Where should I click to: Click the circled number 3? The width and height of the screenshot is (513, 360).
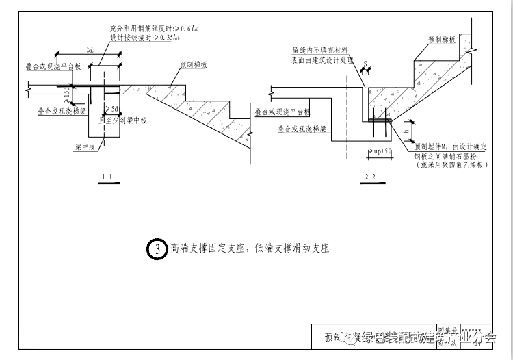click(157, 248)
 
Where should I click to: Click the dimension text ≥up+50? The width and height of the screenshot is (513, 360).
click(380, 151)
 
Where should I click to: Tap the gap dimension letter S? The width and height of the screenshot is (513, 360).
click(365, 64)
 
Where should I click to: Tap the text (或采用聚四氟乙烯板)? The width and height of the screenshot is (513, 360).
click(447, 165)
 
